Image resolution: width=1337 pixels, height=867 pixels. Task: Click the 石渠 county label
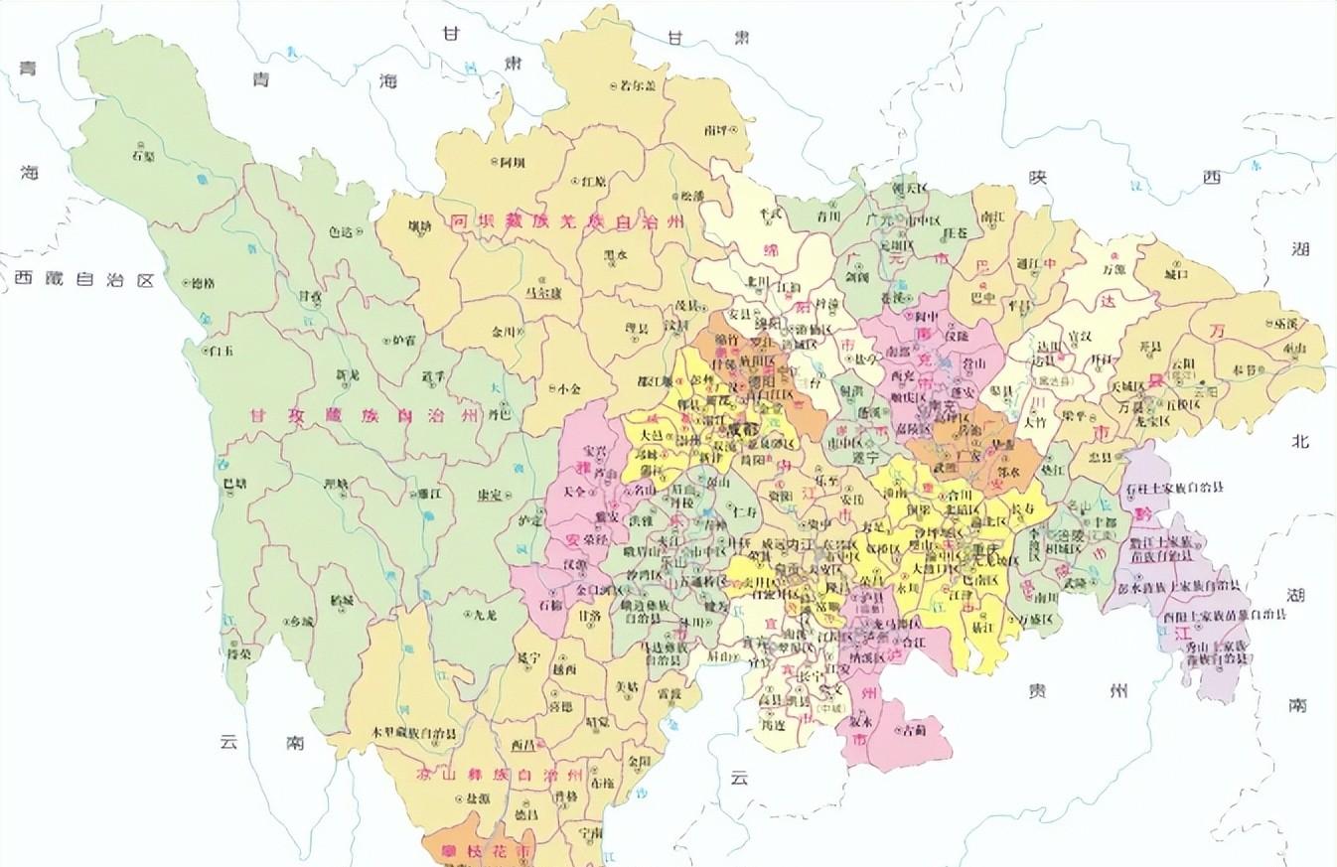[143, 155]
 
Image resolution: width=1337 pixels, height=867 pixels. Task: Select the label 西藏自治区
[85, 280]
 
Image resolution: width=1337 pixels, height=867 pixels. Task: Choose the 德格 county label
[202, 283]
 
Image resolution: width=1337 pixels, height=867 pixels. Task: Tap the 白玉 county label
[220, 350]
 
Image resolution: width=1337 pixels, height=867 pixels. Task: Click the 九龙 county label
[484, 615]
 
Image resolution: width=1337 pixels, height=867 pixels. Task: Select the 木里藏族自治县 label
[414, 733]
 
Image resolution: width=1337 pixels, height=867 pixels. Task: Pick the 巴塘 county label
[235, 484]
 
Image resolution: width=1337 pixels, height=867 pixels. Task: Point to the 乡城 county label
[301, 621]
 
